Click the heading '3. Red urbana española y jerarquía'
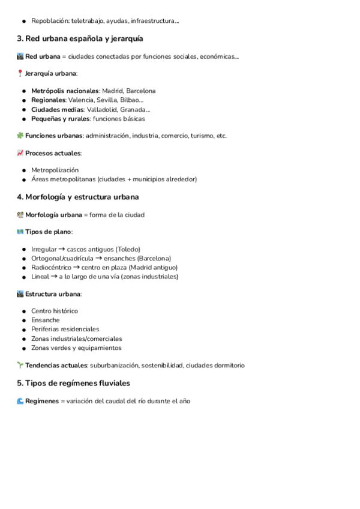(80, 39)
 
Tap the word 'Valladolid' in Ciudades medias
(103, 109)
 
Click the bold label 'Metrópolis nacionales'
(65, 91)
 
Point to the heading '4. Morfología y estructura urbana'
(78, 197)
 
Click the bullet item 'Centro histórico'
(55, 311)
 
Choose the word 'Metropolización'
(55, 170)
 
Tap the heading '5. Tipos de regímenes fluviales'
(73, 383)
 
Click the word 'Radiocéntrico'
(51, 267)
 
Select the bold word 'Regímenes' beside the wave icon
(42, 401)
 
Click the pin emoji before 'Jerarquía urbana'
(20, 73)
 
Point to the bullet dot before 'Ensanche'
(23, 321)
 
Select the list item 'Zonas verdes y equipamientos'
(76, 348)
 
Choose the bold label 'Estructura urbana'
(53, 294)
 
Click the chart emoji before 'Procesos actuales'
(20, 153)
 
